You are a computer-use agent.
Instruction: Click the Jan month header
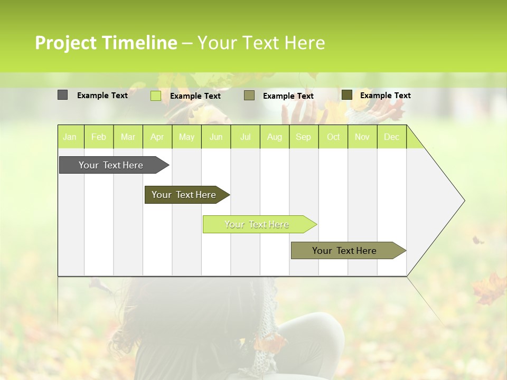coord(70,137)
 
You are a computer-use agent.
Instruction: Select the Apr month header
coord(157,137)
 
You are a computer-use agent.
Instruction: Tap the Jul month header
coord(245,137)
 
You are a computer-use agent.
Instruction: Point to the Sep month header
coord(303,137)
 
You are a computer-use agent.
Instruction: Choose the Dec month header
coord(391,137)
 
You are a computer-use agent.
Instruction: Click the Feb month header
coord(99,137)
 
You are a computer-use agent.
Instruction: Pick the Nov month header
coord(362,137)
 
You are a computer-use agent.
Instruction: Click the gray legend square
coord(62,95)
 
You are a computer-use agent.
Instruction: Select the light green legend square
coord(156,96)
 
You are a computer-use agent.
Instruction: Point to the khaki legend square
coord(249,96)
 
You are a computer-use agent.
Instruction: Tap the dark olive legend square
coord(347,95)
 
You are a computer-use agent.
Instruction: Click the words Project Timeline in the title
coord(106,43)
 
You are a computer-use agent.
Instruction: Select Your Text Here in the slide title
coord(261,43)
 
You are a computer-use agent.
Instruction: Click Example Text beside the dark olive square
coord(385,96)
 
